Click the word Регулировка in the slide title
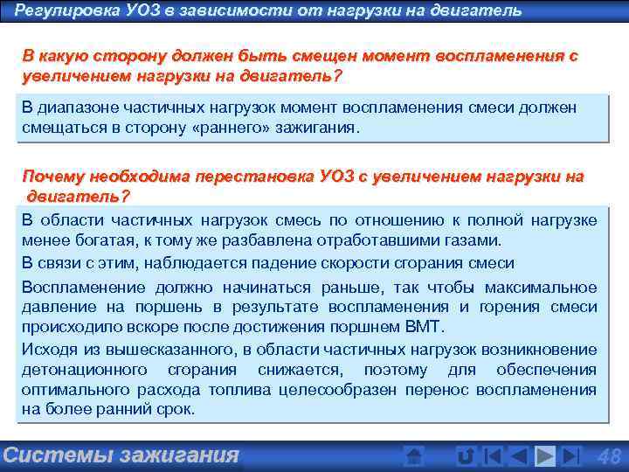click(59, 10)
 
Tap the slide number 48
click(607, 455)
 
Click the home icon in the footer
click(415, 455)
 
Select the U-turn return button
click(466, 455)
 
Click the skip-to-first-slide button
click(493, 455)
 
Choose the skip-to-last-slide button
click(570, 455)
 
